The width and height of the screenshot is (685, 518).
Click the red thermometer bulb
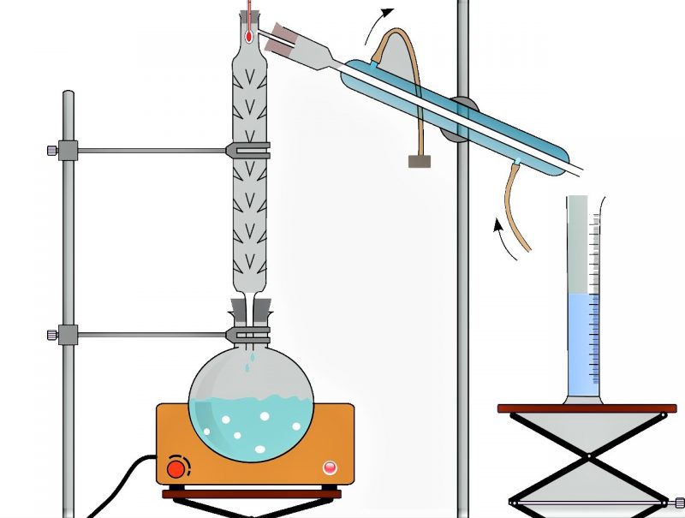click(x=247, y=37)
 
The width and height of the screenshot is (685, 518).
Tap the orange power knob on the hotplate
click(x=177, y=468)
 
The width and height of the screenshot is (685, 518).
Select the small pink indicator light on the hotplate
click(x=330, y=467)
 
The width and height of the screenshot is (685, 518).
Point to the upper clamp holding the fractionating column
click(x=248, y=151)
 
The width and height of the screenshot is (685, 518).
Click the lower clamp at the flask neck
click(x=248, y=332)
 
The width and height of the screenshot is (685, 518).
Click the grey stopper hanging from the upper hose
click(x=420, y=161)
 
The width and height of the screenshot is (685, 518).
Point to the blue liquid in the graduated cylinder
click(x=583, y=342)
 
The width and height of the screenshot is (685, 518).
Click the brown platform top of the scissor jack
click(x=587, y=408)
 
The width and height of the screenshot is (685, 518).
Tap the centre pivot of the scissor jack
click(x=588, y=454)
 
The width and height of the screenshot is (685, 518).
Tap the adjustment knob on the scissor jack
click(x=679, y=502)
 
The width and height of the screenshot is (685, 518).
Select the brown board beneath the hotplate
click(x=252, y=494)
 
